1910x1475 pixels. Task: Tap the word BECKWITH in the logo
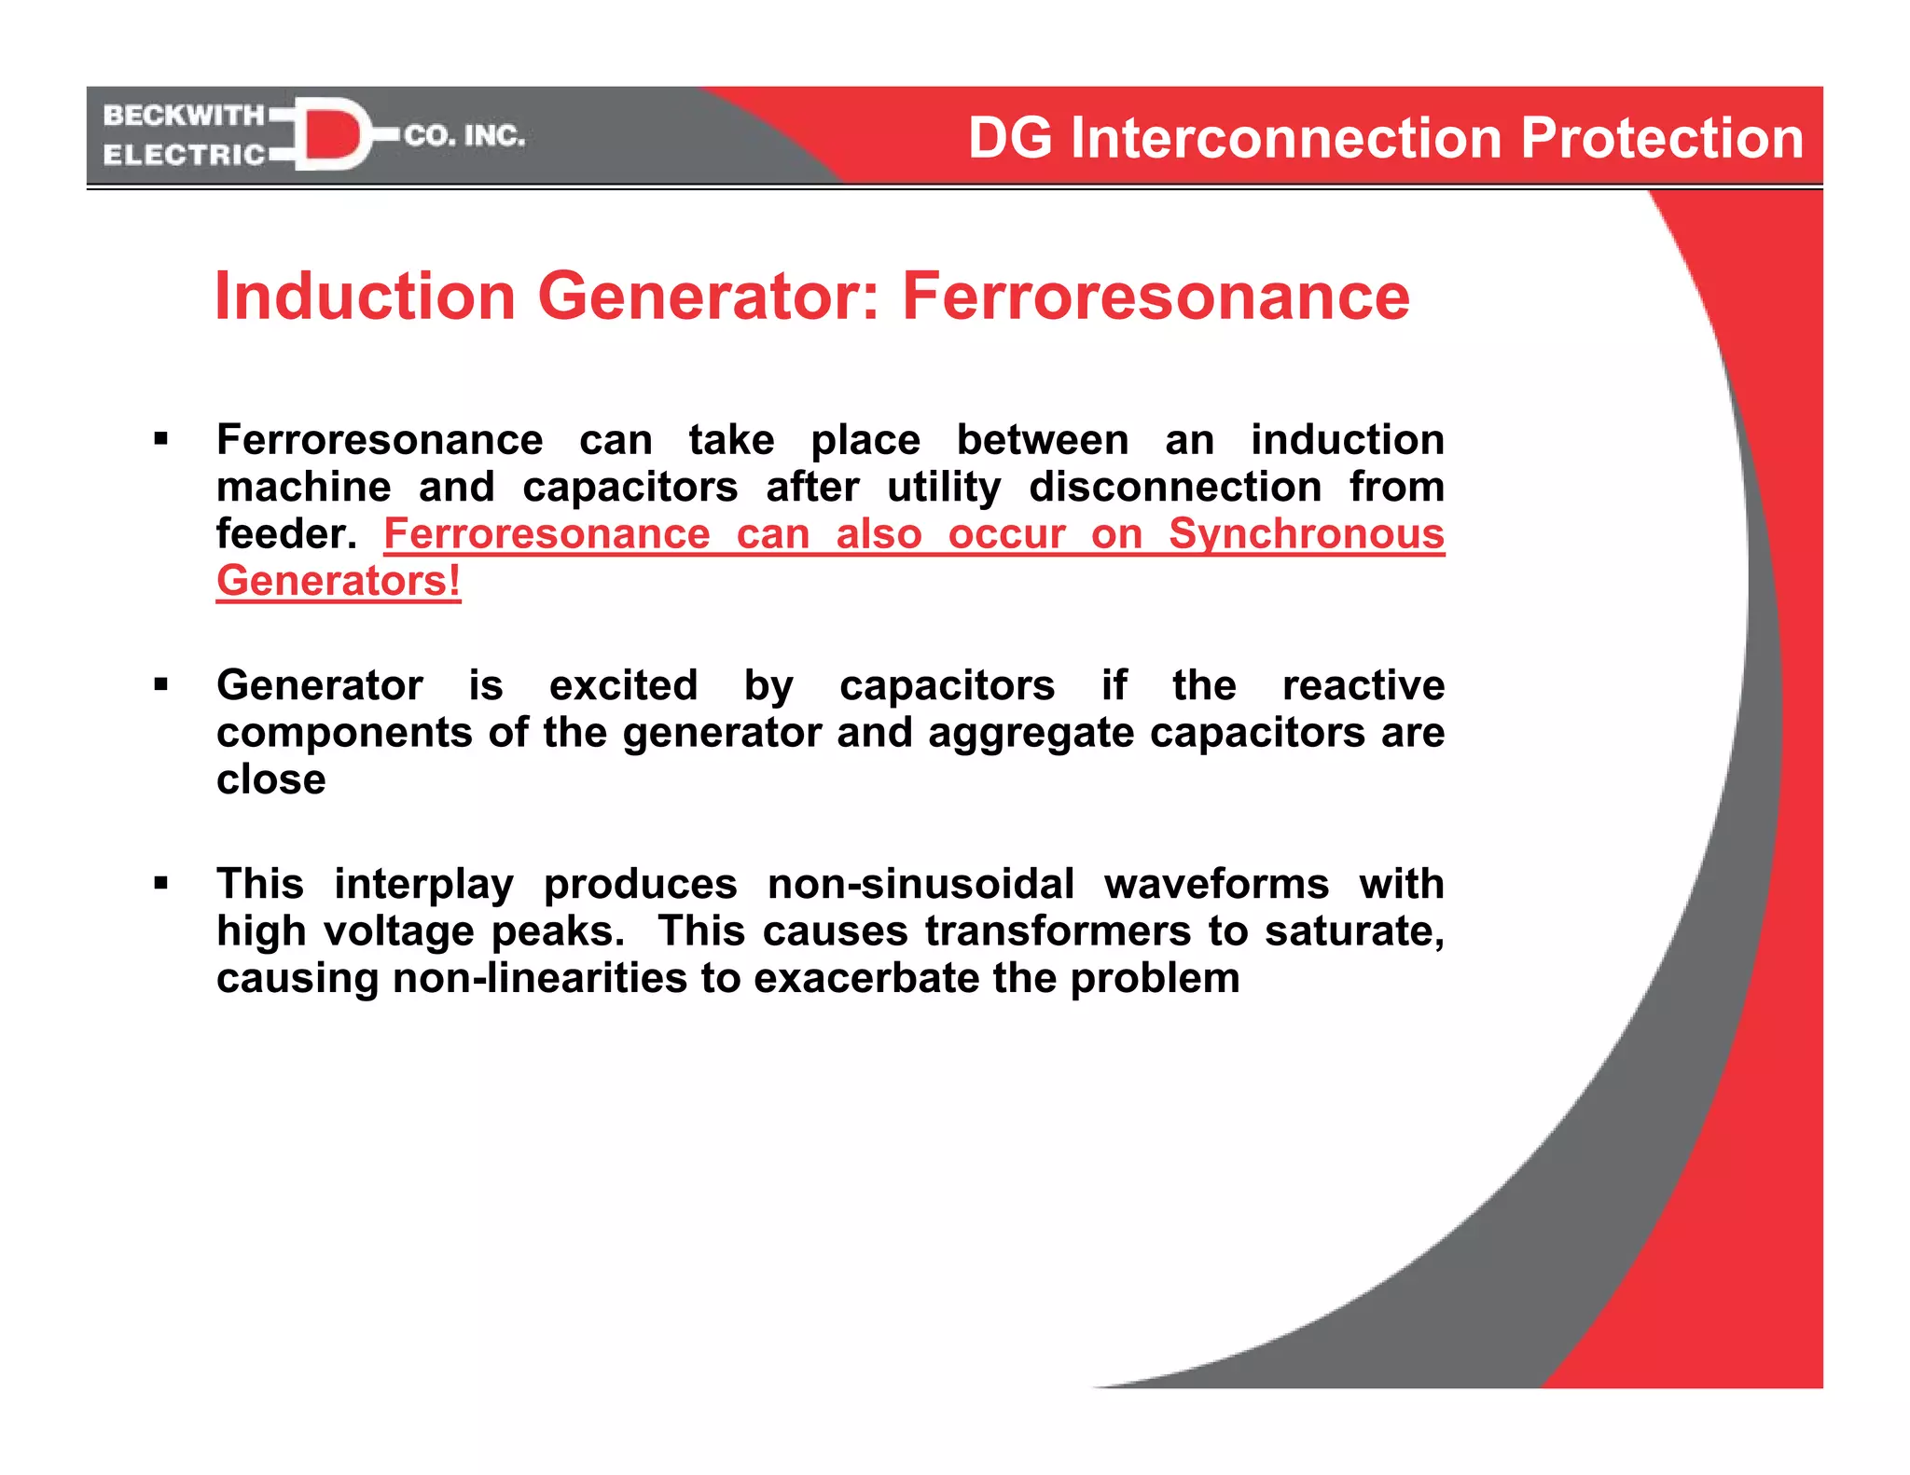pyautogui.click(x=184, y=116)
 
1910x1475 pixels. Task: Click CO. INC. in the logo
pyautogui.click(x=464, y=136)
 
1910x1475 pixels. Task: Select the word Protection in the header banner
pyautogui.click(x=1662, y=138)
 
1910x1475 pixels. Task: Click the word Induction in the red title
pyautogui.click(x=365, y=296)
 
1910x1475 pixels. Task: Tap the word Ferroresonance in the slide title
pyautogui.click(x=1156, y=296)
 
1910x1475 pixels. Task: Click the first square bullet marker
pyautogui.click(x=161, y=438)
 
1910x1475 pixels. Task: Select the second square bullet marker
pyautogui.click(x=161, y=684)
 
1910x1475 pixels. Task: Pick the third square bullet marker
pyautogui.click(x=161, y=882)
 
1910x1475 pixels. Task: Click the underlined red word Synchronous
pyautogui.click(x=1306, y=534)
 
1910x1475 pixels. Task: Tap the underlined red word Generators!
pyautogui.click(x=339, y=581)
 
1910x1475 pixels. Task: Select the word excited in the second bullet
pyautogui.click(x=623, y=685)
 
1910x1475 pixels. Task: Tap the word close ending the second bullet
pyautogui.click(x=271, y=779)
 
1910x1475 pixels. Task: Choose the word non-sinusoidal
pyautogui.click(x=920, y=884)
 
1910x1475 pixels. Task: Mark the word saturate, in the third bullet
pyautogui.click(x=1354, y=930)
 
